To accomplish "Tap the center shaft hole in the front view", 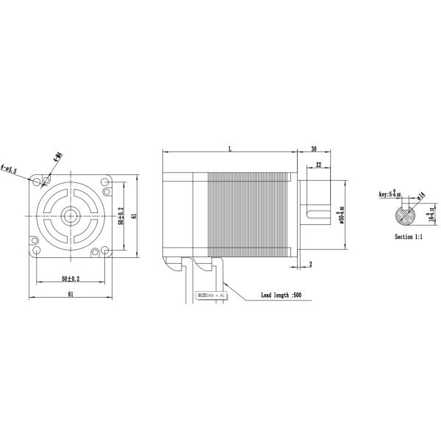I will tap(71, 215).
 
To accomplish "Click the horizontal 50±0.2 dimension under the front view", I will tap(71, 279).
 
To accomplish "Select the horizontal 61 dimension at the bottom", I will tap(71, 294).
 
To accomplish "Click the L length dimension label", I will tap(229, 149).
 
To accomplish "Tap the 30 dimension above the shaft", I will tap(313, 149).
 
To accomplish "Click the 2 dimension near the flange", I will tap(311, 262).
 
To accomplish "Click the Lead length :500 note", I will tap(282, 295).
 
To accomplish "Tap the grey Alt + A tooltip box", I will tap(211, 295).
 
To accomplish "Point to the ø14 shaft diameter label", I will tap(420, 196).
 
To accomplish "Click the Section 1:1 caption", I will tap(409, 237).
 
